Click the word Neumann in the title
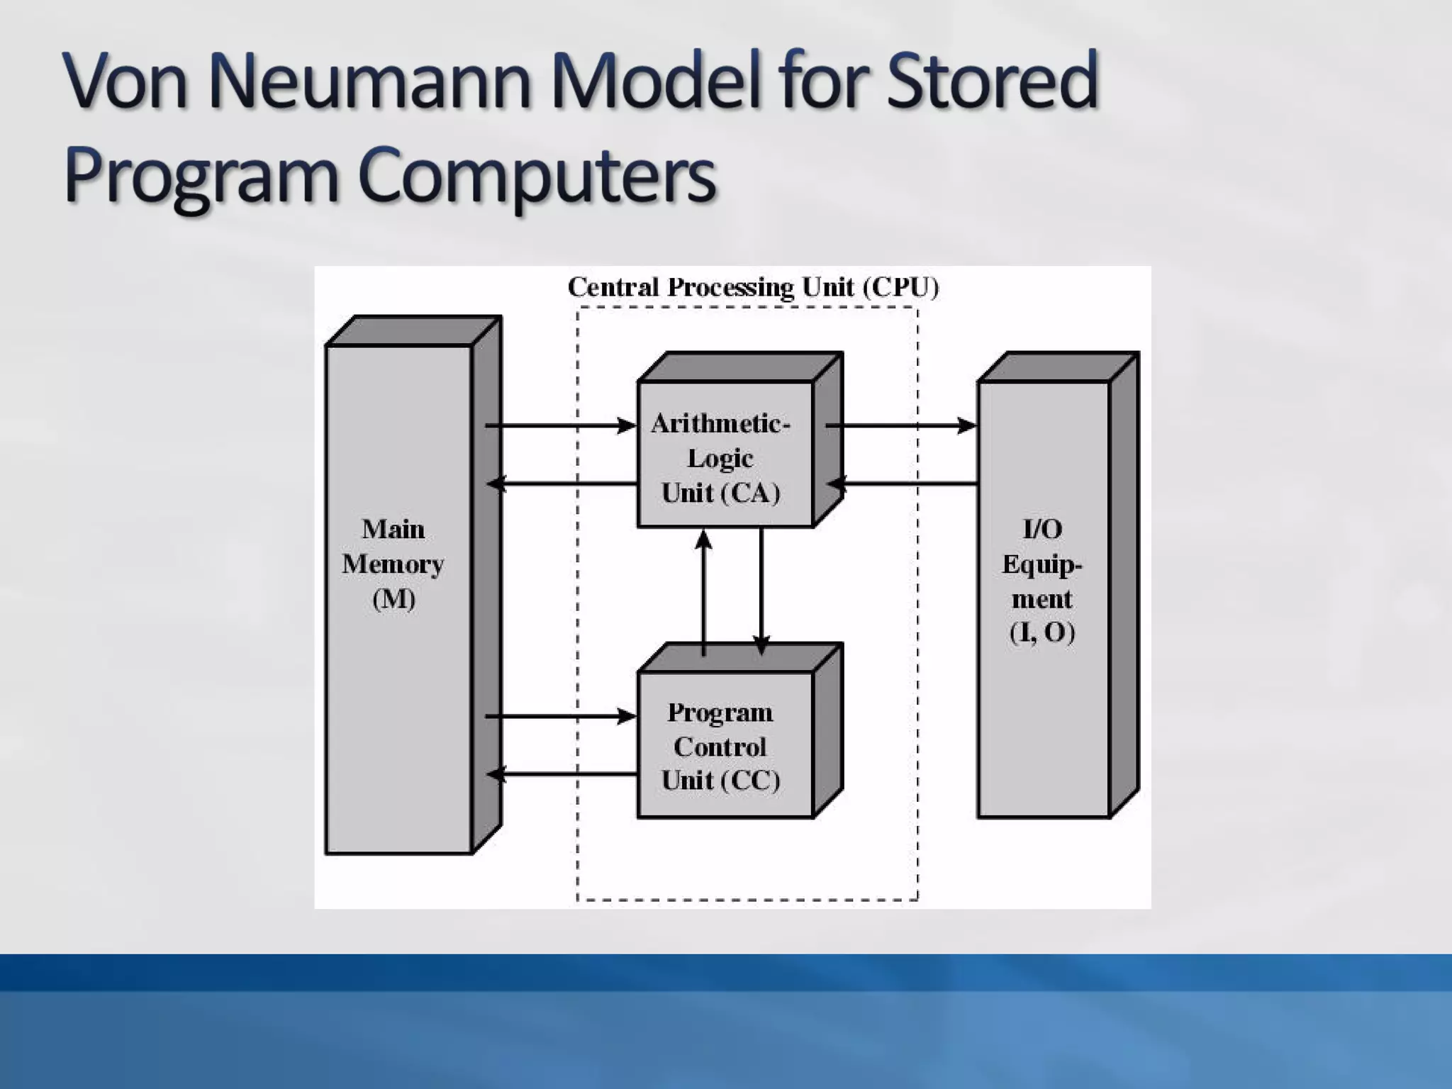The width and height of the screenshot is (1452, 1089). coord(370,81)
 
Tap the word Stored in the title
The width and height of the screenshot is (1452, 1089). coord(993,81)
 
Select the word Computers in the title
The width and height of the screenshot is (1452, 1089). coord(537,175)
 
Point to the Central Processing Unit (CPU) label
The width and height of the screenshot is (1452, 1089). coord(753,287)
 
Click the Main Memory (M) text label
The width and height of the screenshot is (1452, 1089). coord(393,564)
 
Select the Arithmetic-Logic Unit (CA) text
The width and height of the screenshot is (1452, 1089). coord(720,458)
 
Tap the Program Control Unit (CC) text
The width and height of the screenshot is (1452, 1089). coord(720,746)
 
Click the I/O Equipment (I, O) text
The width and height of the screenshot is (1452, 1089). coord(1042,580)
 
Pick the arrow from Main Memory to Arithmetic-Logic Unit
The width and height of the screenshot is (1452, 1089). coord(560,425)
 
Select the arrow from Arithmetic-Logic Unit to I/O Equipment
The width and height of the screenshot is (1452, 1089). coord(900,425)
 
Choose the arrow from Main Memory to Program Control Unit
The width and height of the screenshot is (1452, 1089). coord(560,716)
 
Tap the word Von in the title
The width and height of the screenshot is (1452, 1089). coord(126,81)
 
